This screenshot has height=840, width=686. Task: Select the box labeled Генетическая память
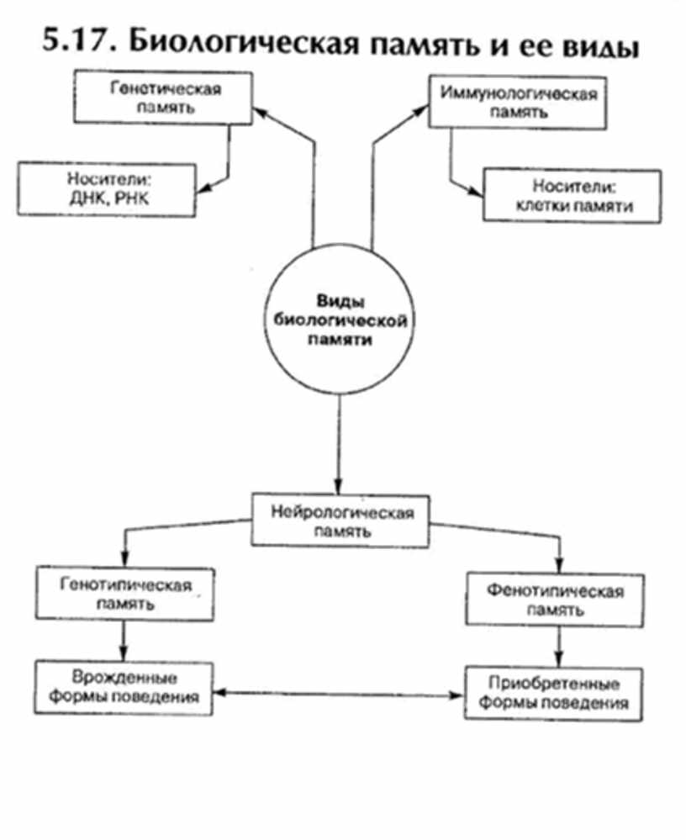click(x=163, y=98)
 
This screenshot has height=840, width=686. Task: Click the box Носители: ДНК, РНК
click(x=106, y=189)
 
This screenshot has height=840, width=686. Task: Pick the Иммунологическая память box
click(x=518, y=102)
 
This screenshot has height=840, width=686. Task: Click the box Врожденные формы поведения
click(x=123, y=687)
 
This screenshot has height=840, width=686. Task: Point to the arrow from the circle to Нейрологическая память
click(x=338, y=446)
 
